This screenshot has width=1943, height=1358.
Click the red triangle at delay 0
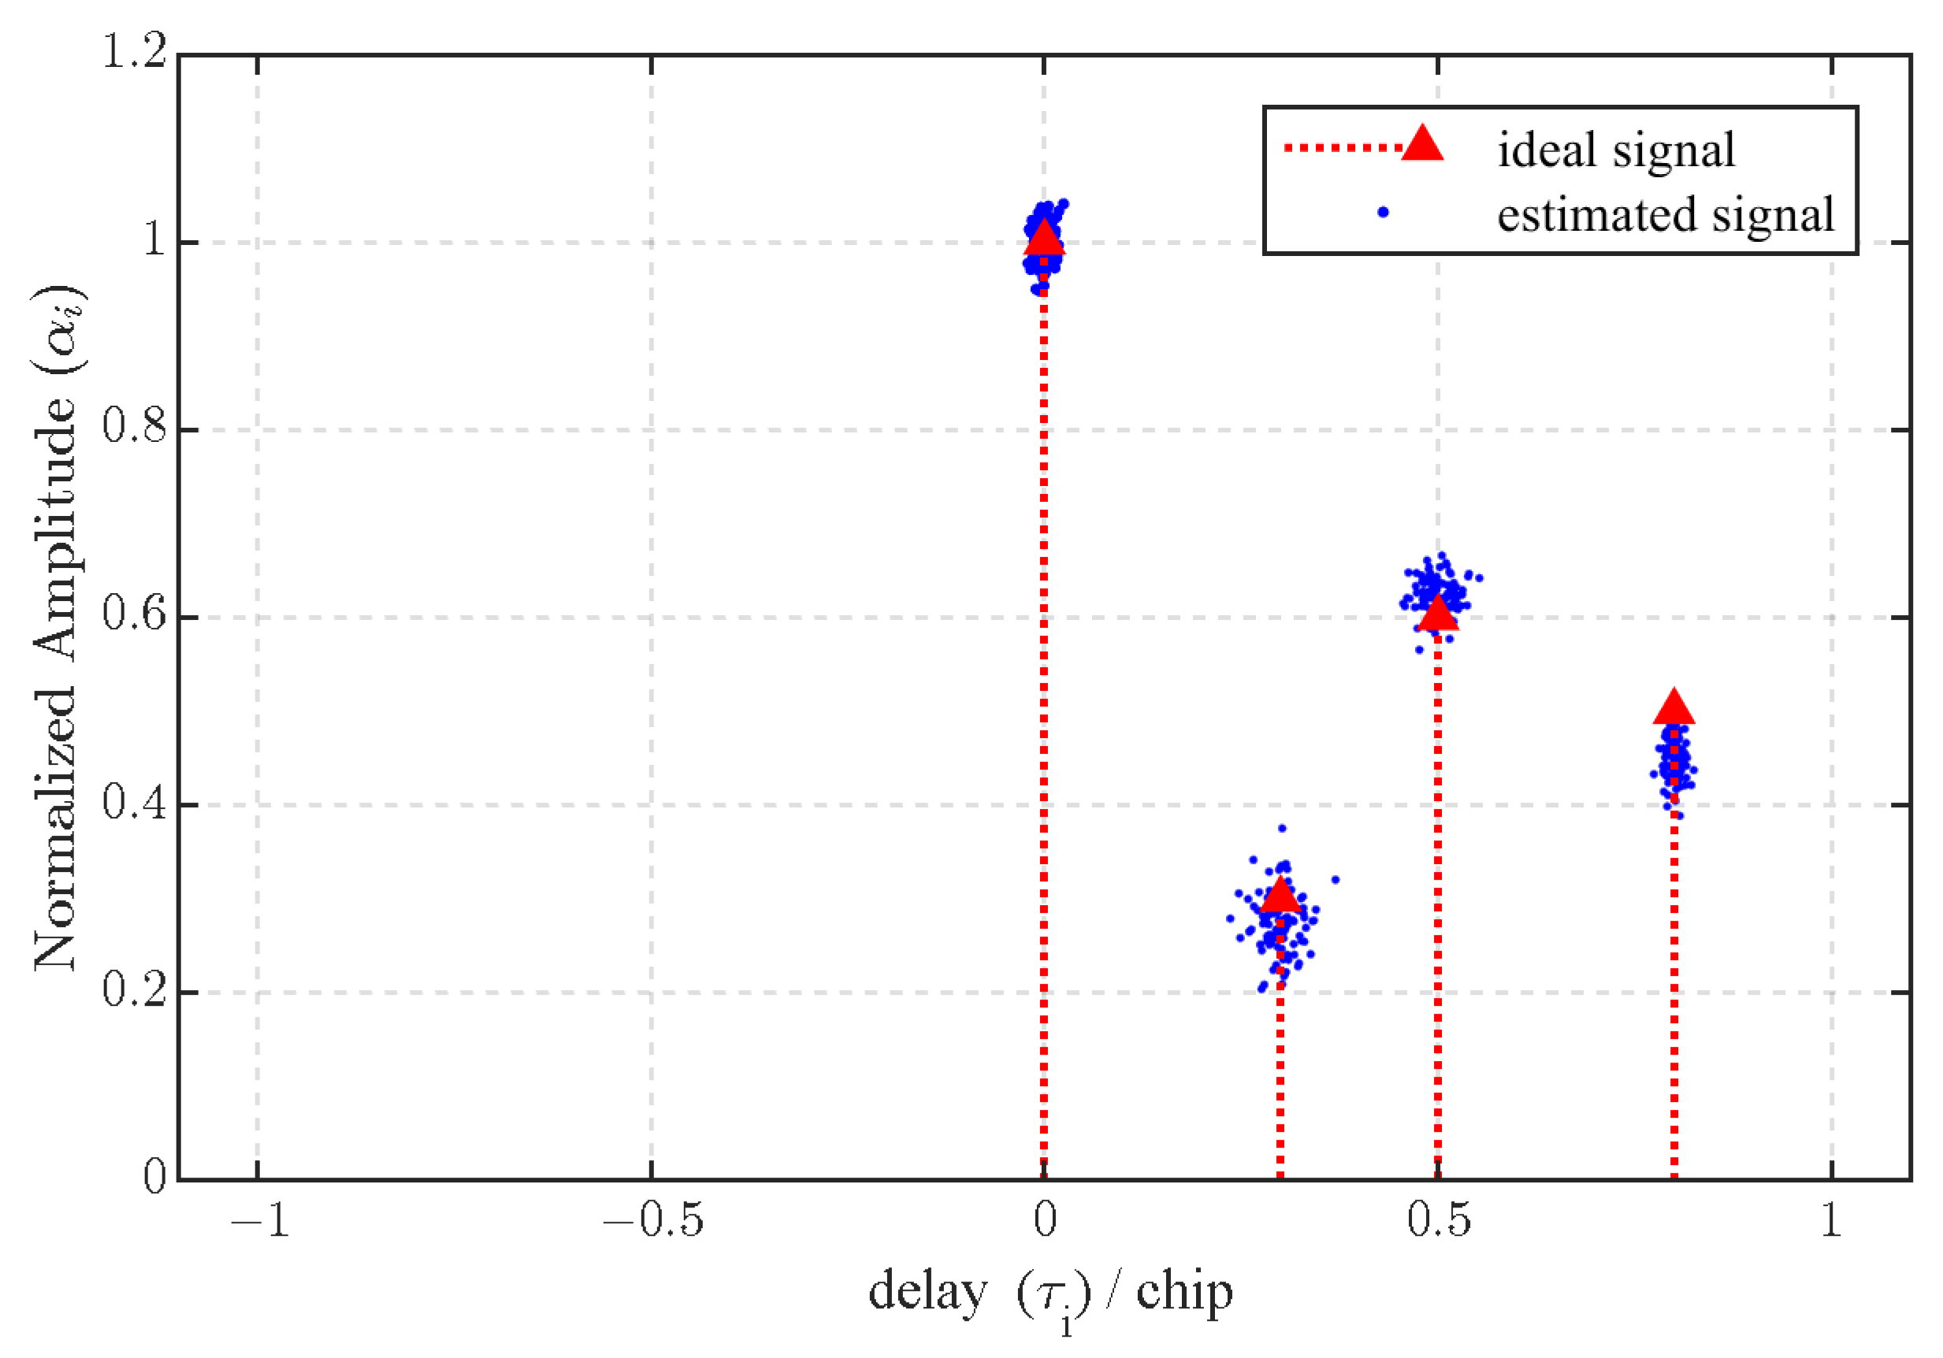point(1043,239)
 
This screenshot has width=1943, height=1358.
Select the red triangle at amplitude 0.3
point(1280,895)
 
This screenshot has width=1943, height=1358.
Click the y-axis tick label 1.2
point(134,53)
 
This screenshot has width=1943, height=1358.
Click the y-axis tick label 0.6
point(134,615)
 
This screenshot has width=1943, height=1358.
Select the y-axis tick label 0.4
point(134,803)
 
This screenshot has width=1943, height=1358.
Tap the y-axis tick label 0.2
point(134,991)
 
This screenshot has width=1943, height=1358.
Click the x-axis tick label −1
point(259,1221)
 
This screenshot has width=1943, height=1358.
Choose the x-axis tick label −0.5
point(652,1221)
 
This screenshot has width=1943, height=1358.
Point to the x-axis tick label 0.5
point(1439,1221)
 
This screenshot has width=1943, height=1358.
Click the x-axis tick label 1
point(1831,1221)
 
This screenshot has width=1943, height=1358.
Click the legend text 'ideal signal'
point(1615,150)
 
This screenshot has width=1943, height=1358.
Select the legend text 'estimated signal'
point(1666,214)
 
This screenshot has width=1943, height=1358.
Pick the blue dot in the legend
point(1383,213)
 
